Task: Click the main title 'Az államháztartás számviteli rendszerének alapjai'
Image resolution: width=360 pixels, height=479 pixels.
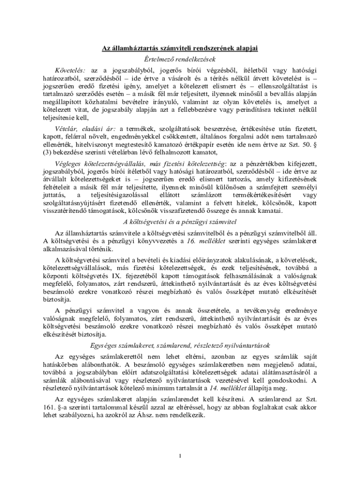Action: [x=180, y=48]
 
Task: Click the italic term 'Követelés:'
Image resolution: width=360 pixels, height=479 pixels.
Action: [x=70, y=69]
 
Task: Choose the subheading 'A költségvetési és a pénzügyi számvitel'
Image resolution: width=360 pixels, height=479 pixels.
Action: [x=180, y=221]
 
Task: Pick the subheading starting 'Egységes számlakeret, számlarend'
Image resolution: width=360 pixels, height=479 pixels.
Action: [x=180, y=346]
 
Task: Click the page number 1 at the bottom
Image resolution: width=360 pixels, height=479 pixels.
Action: [x=180, y=456]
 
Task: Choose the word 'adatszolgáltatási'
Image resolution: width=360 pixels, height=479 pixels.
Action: [x=166, y=372]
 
